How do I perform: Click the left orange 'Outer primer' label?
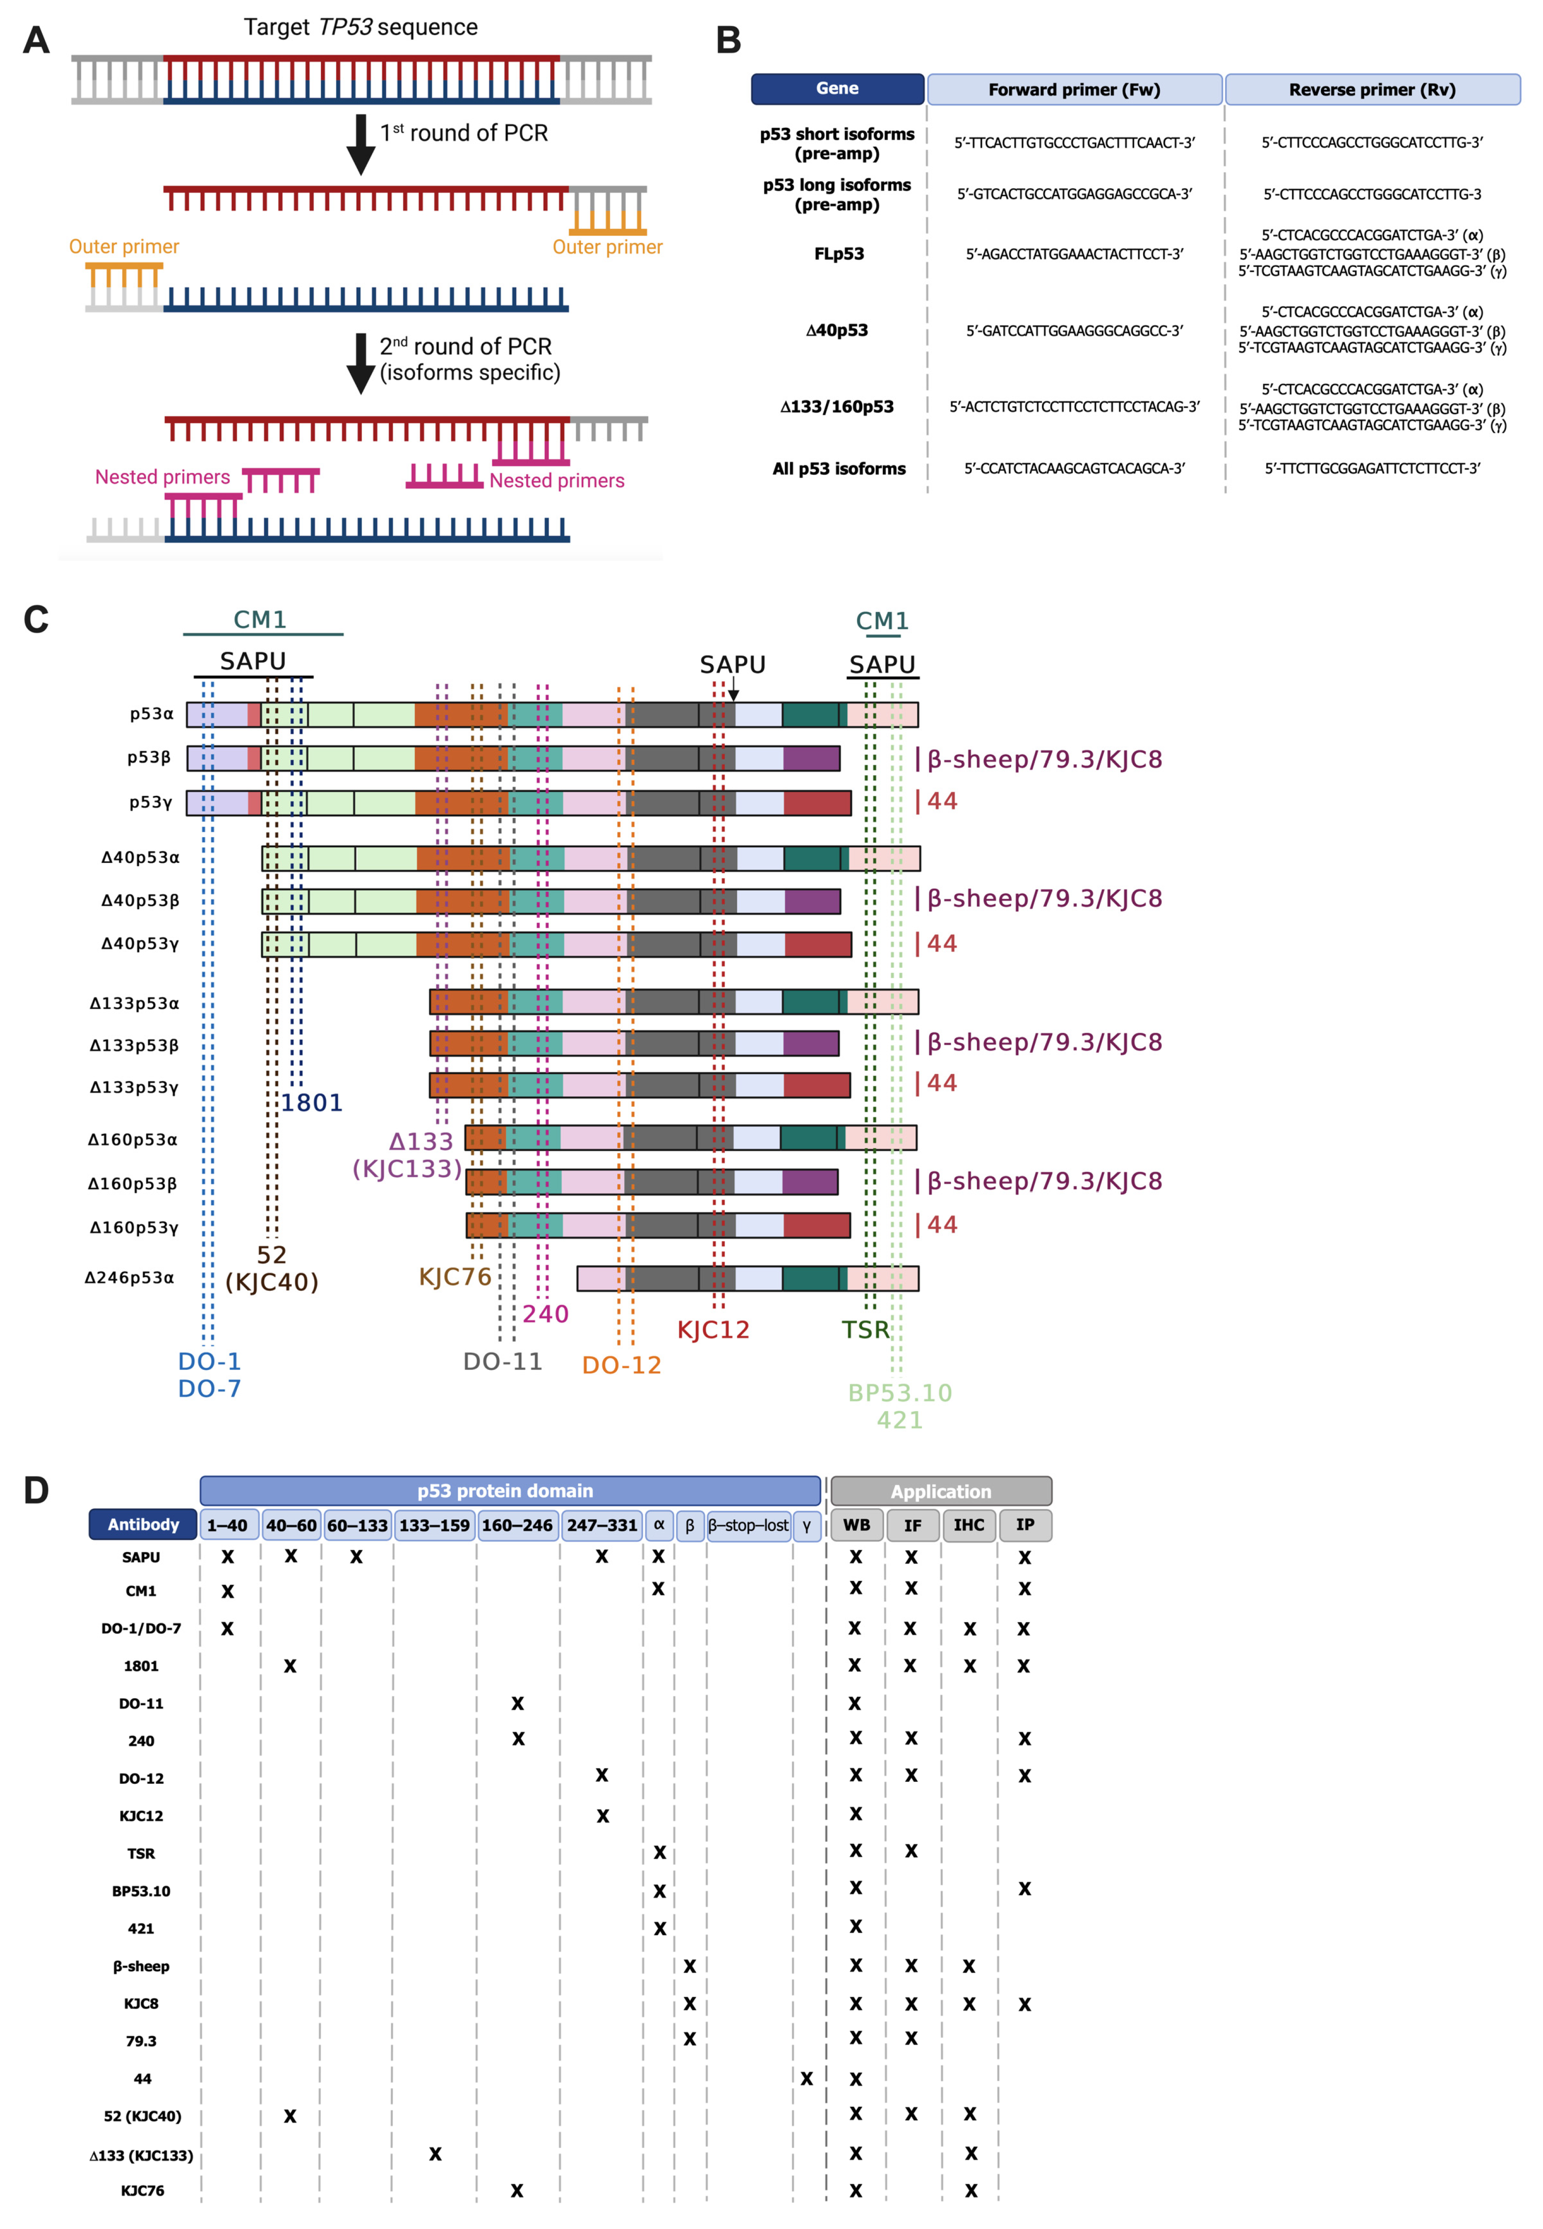point(124,246)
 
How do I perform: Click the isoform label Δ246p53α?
point(130,1278)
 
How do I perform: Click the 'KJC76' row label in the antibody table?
point(142,2190)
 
